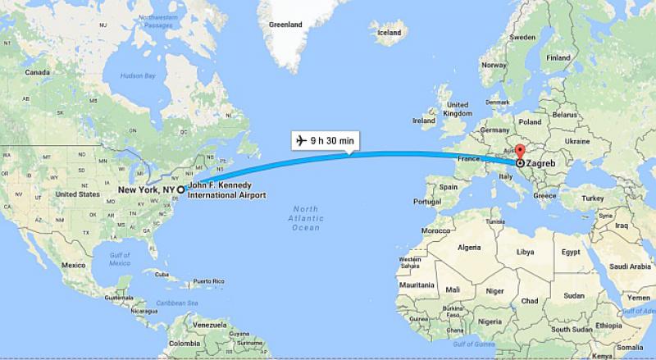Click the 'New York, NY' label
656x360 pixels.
tap(147, 189)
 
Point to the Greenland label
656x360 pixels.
tap(285, 25)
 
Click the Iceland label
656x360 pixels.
tap(388, 33)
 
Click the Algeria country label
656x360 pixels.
tap(468, 247)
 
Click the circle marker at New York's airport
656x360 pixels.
tap(180, 189)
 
